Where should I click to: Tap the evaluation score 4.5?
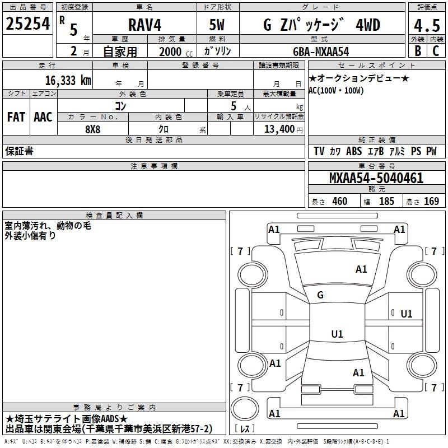(x=426, y=26)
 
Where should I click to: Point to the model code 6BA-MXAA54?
(x=321, y=51)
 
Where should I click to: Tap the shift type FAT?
(x=16, y=117)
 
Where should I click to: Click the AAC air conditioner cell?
(x=43, y=117)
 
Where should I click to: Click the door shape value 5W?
(x=217, y=25)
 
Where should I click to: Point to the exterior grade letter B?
(x=417, y=51)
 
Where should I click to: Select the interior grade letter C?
(x=435, y=51)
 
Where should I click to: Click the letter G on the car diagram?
(x=320, y=295)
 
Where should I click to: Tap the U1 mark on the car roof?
(x=337, y=334)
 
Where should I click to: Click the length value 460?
(x=339, y=202)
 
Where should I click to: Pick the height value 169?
(x=431, y=202)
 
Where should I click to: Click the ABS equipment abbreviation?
(x=354, y=151)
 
